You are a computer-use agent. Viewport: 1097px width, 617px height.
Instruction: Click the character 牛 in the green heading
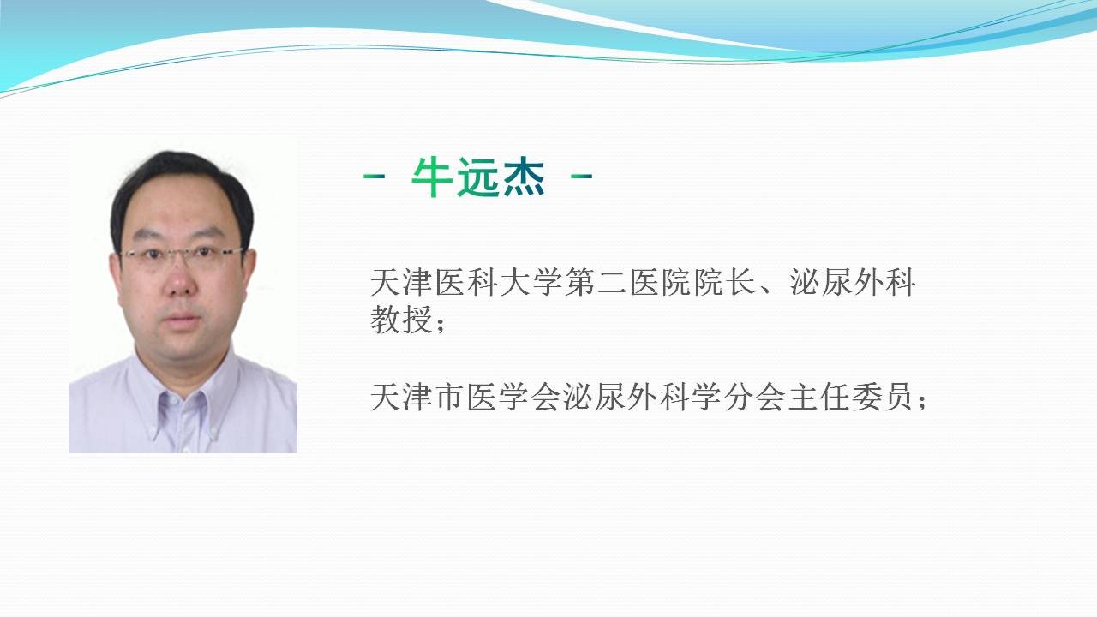(432, 177)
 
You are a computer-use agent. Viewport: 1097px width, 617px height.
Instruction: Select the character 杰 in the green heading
(524, 177)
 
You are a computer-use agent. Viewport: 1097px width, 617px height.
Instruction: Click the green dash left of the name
(375, 176)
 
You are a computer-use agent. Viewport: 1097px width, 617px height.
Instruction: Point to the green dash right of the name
(582, 176)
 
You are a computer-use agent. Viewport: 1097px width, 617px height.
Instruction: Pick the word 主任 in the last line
(820, 397)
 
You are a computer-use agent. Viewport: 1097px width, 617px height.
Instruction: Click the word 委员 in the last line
(884, 397)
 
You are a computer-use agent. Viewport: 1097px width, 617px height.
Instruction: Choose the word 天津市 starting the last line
(417, 397)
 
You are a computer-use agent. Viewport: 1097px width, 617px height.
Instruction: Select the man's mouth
(182, 319)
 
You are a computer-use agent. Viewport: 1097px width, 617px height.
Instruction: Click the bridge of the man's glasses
(182, 252)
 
